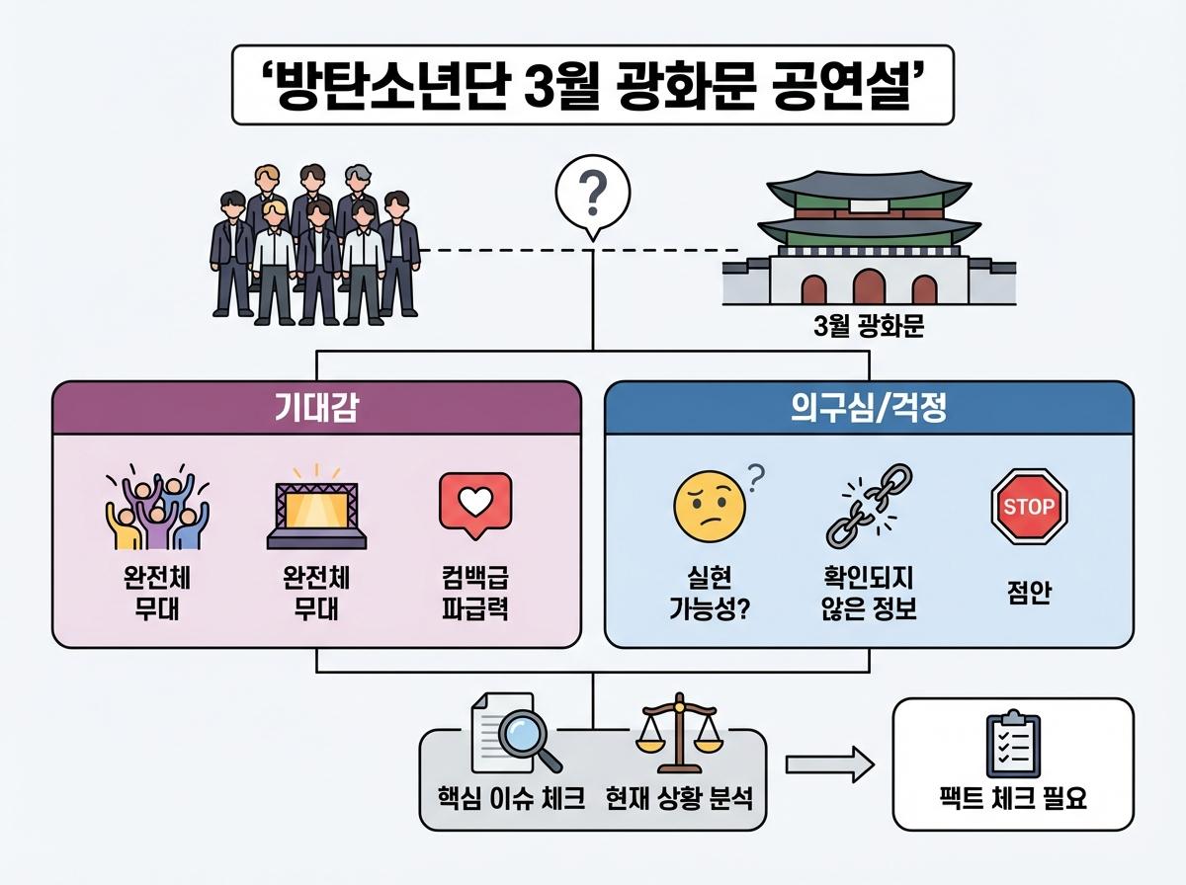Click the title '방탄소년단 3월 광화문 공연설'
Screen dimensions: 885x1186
(x=593, y=85)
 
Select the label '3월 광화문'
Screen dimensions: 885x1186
(x=868, y=327)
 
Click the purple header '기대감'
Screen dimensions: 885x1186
(x=316, y=408)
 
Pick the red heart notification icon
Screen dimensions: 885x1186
(x=474, y=506)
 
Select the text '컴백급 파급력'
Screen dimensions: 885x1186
(x=474, y=592)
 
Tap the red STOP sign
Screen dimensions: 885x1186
(x=1029, y=507)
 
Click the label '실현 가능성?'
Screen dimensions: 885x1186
(x=708, y=592)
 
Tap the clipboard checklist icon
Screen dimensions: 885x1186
(x=1013, y=746)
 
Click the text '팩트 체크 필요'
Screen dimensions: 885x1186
(x=1013, y=798)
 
